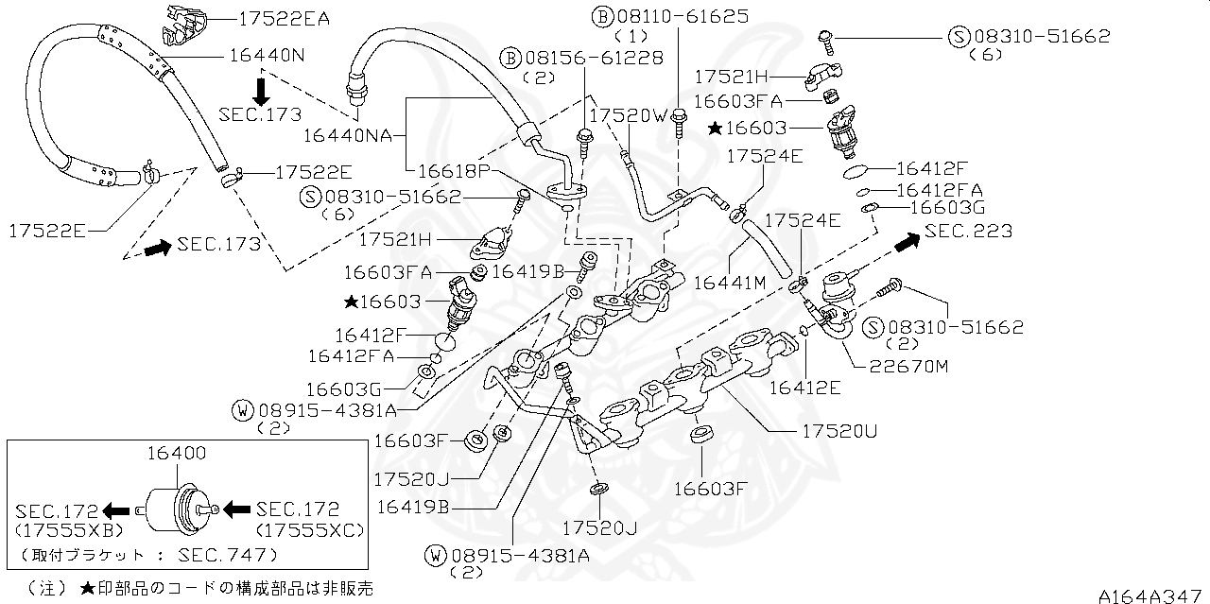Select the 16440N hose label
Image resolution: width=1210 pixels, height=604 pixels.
point(266,56)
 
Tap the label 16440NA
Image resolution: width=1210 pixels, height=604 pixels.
point(347,135)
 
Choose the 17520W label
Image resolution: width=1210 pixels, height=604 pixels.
point(628,114)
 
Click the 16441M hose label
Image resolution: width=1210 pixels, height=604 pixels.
point(729,281)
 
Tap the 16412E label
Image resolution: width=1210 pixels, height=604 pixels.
point(804,386)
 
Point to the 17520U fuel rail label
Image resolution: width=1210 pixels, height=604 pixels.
point(840,431)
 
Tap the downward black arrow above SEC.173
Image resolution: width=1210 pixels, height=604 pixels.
point(261,90)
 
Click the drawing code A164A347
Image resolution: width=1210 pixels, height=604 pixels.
point(1152,595)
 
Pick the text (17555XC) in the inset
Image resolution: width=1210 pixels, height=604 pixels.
point(309,530)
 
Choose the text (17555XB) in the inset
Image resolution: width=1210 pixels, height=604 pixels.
point(63,530)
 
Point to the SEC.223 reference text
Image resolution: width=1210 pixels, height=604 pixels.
point(968,232)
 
